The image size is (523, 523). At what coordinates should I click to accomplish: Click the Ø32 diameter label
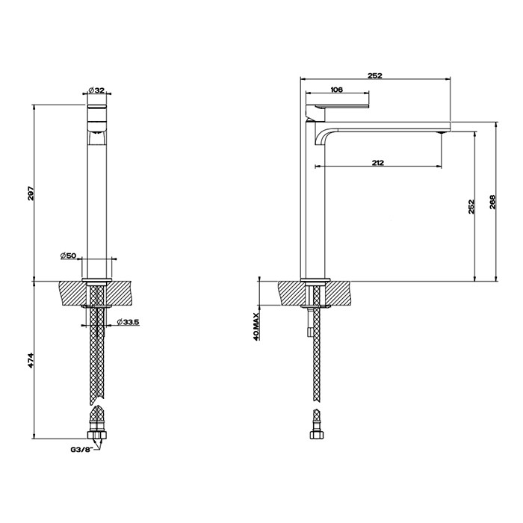99,90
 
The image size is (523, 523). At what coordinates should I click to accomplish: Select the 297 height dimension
30,193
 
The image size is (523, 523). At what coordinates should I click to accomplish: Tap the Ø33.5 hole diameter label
128,323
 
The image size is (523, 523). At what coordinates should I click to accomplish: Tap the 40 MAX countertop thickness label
257,327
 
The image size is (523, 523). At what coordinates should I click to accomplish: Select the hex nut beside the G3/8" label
97,435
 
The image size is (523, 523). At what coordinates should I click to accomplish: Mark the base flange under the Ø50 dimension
99,281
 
